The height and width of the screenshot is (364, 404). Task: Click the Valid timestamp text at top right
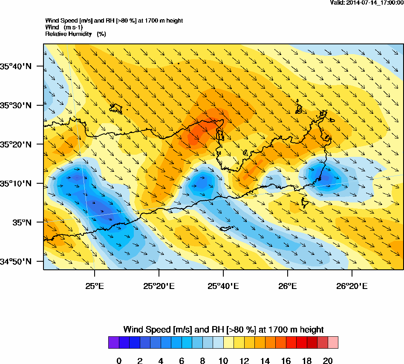(x=367, y=3)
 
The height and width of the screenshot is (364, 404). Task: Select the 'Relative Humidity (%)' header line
(x=75, y=34)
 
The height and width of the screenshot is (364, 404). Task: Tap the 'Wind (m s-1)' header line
(x=64, y=27)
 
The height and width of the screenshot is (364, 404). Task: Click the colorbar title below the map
(x=223, y=329)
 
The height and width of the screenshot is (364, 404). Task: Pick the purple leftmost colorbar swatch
(x=113, y=343)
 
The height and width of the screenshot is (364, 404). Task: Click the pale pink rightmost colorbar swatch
(x=333, y=343)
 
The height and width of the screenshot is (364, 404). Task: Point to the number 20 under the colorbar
(x=328, y=361)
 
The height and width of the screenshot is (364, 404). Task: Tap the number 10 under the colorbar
(x=223, y=361)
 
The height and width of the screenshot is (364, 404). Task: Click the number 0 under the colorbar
(x=119, y=361)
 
